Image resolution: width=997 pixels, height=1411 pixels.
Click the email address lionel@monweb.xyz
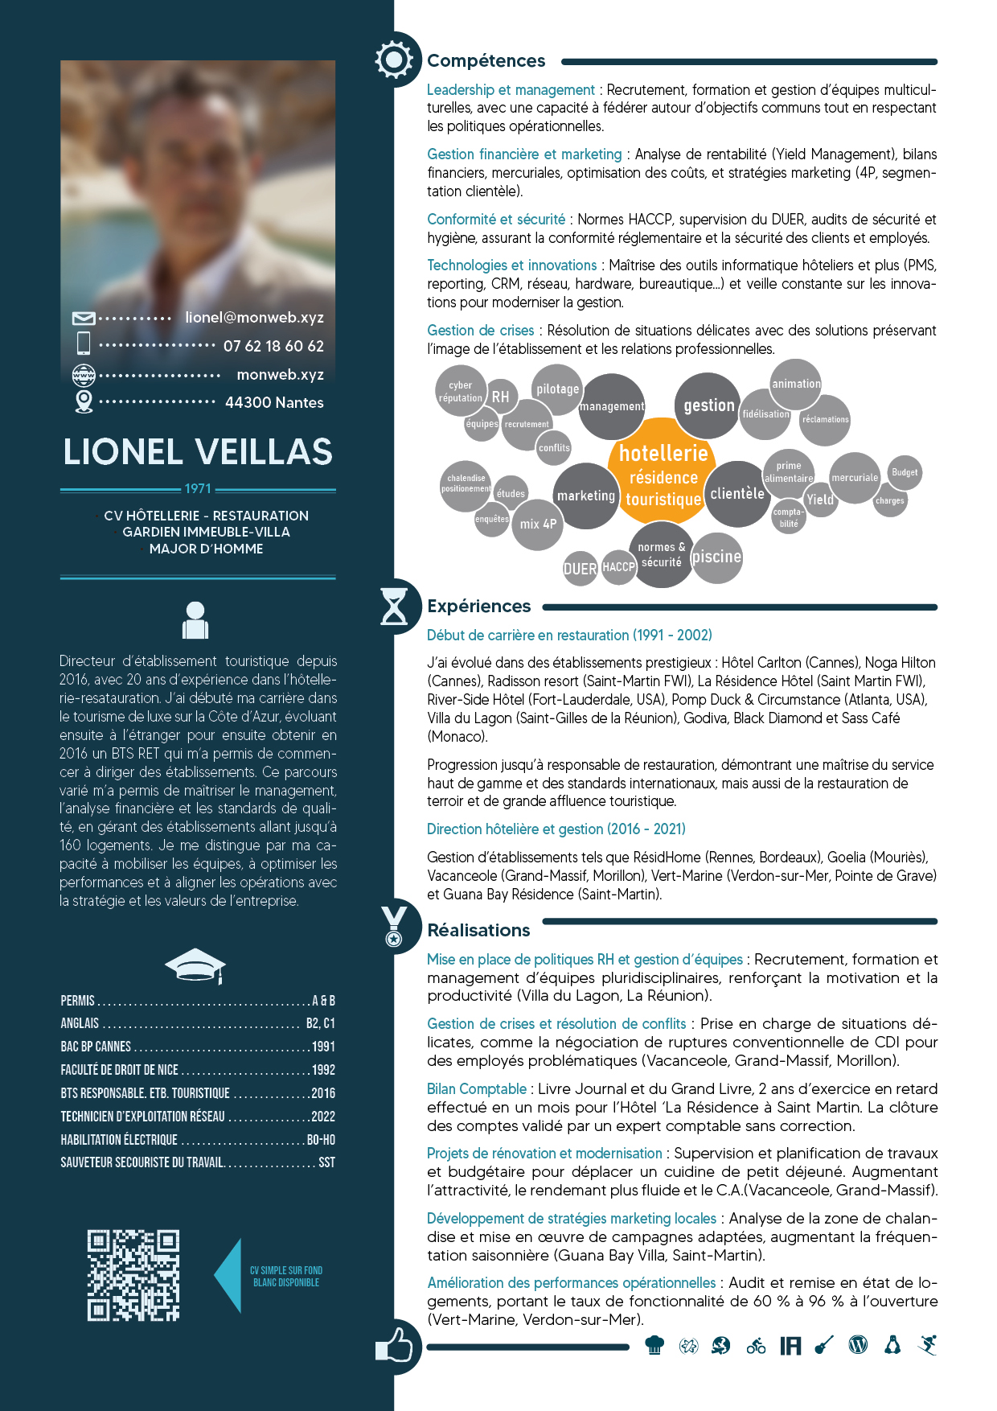coord(254,318)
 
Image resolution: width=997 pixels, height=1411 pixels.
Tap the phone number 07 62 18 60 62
coord(273,346)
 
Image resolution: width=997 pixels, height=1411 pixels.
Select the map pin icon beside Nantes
coord(84,401)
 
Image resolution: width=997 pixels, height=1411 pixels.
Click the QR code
coord(133,1275)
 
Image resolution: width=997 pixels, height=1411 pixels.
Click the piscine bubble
coord(716,557)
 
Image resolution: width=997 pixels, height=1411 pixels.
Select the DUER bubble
coord(580,569)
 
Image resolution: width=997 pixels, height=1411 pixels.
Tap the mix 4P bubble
coord(538,524)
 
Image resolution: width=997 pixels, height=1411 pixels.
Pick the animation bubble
coord(796,384)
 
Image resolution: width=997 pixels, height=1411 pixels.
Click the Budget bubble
coord(905,472)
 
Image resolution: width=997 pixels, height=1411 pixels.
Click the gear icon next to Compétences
coord(394,60)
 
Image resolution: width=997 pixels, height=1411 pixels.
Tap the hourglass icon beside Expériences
coord(394,606)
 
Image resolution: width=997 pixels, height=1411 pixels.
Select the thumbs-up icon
coord(394,1345)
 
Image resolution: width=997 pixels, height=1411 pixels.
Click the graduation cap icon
coord(195,965)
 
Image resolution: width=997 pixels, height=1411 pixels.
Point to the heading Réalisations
coord(478,930)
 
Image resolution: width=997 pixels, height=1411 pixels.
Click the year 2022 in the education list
coord(322,1117)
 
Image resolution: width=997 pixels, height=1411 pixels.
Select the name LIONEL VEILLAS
coord(198,451)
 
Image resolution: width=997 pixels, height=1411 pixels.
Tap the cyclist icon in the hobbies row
coord(756,1345)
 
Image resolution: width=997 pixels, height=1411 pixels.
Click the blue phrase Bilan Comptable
coord(477,1089)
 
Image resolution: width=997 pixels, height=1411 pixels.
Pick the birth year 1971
coord(198,488)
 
